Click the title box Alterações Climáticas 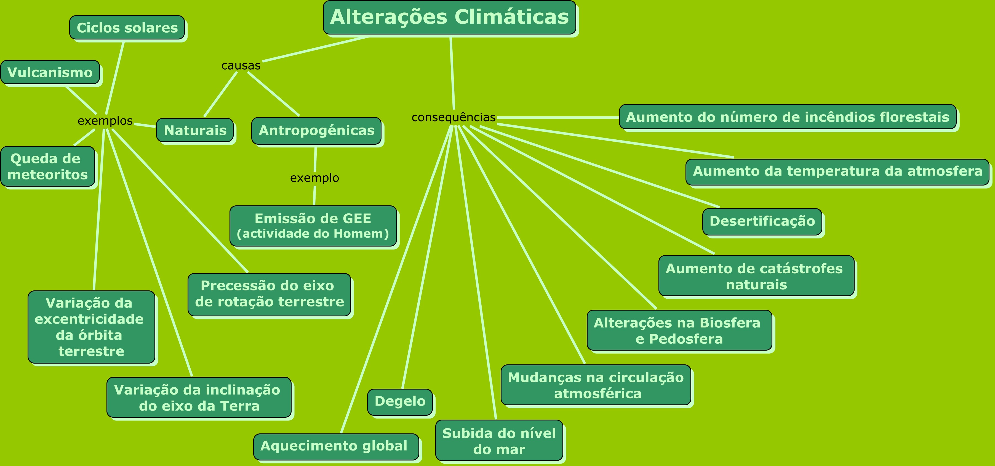coord(450,17)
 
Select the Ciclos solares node coord(127,27)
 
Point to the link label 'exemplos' coord(105,121)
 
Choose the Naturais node coord(195,130)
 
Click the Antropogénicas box coord(316,131)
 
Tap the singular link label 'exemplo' coord(314,178)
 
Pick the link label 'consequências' coord(454,117)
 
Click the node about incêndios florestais coord(788,117)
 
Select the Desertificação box coord(762,222)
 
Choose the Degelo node coord(400,402)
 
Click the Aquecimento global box coord(336,447)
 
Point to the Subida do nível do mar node coord(499,441)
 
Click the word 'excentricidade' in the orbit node coord(89,319)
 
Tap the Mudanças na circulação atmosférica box coord(596,385)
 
